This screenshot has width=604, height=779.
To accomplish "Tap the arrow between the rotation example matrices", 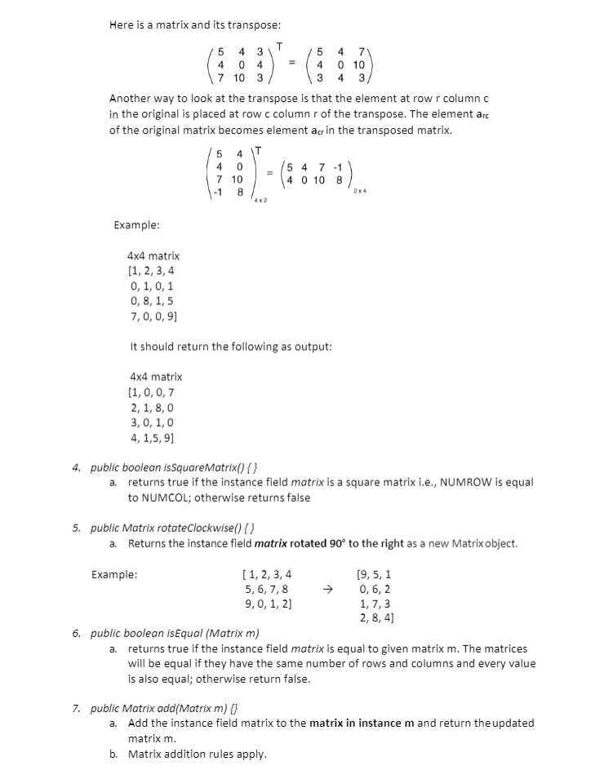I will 328,589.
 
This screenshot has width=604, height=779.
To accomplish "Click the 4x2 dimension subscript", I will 260,200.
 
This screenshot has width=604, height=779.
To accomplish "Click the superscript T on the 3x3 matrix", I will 279,44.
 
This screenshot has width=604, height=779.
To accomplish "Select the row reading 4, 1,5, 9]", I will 153,437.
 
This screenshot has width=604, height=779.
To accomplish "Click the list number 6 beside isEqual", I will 75,633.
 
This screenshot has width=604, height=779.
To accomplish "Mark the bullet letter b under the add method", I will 113,754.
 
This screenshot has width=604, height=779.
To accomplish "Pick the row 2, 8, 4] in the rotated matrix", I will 377,618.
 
